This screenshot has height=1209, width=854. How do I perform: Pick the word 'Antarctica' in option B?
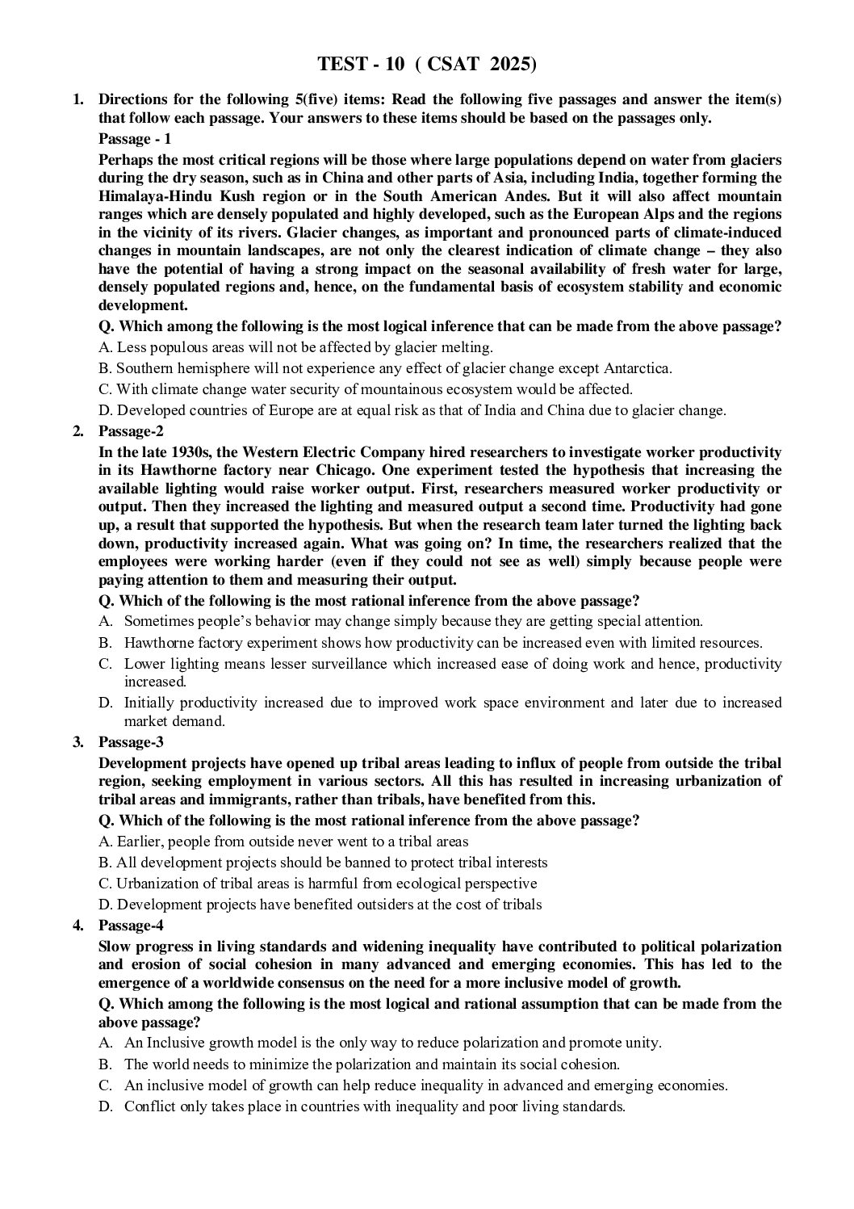(x=635, y=368)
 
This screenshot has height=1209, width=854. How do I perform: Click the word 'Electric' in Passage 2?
(x=400, y=451)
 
